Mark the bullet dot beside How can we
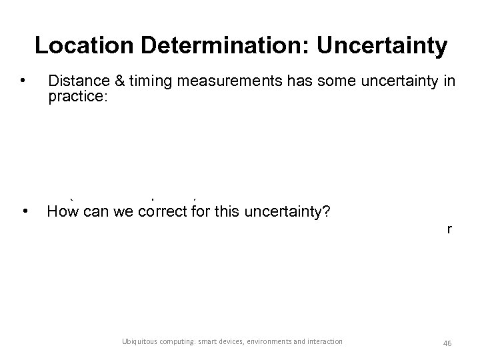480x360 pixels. (24, 213)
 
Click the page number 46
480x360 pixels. (447, 343)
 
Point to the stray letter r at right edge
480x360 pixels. (450, 229)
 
